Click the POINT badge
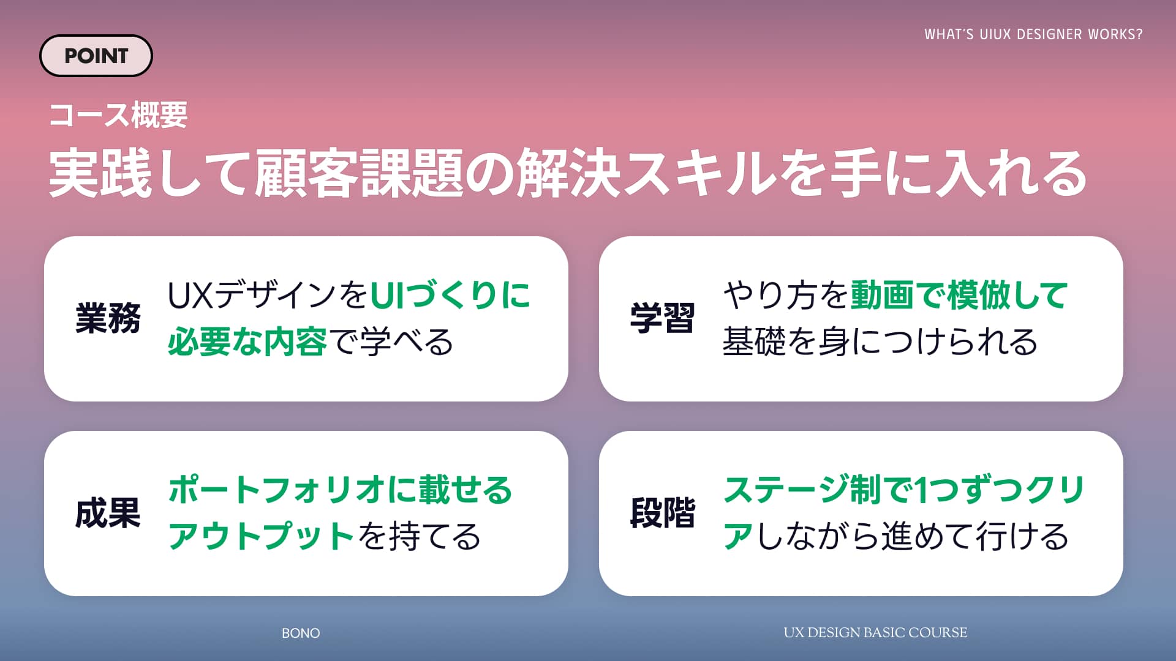click(x=96, y=56)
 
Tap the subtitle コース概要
click(x=118, y=115)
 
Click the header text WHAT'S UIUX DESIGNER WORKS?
click(x=1033, y=34)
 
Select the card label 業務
click(x=108, y=318)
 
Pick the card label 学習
click(x=662, y=318)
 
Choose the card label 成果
click(x=108, y=513)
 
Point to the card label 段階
click(x=662, y=513)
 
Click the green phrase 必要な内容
click(x=247, y=342)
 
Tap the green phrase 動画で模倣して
click(x=959, y=295)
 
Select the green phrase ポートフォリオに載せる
click(x=340, y=490)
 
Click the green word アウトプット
click(x=262, y=536)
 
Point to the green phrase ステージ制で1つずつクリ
click(x=904, y=490)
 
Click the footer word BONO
click(x=301, y=633)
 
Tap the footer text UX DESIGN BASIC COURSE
click(x=875, y=633)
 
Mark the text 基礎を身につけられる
click(x=880, y=342)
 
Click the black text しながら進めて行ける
click(x=913, y=536)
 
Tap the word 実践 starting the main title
click(x=100, y=173)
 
